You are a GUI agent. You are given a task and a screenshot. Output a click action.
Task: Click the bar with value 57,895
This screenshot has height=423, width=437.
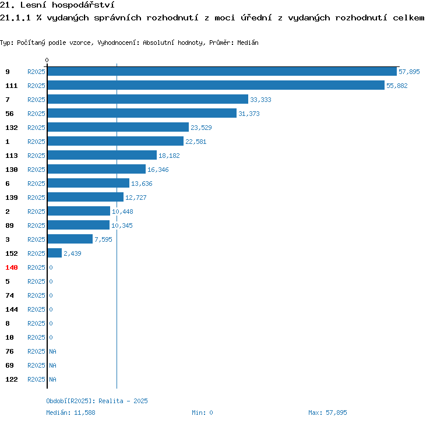[x=222, y=71]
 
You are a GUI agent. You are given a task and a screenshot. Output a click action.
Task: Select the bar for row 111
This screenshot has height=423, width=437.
[x=216, y=85]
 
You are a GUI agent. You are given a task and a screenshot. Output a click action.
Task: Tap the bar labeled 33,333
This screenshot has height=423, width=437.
[x=148, y=99]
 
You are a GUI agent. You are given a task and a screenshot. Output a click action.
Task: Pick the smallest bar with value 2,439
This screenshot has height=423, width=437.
[x=55, y=253]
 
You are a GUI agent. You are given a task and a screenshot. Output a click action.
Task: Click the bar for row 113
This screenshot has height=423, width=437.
[x=102, y=155]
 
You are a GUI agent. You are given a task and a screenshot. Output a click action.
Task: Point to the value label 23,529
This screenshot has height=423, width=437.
[x=201, y=128]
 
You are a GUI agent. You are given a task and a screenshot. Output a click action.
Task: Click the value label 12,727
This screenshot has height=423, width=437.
[x=136, y=198]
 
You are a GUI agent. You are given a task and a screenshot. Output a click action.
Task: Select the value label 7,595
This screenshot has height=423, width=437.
[x=103, y=239]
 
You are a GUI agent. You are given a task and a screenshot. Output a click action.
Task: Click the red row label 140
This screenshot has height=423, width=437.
[x=12, y=267]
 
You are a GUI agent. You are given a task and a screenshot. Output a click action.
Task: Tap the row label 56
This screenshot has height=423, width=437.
[x=9, y=114]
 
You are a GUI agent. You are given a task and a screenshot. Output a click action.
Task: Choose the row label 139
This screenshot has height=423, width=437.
[x=12, y=198]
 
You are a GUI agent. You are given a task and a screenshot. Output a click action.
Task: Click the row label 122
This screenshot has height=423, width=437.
[x=12, y=379]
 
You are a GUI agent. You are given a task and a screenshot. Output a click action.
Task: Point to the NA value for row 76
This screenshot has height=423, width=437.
[x=52, y=351]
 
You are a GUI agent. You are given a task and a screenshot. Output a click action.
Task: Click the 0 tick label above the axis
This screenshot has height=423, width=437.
[x=47, y=60]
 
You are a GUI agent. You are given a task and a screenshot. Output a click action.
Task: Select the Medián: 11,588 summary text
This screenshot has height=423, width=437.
[x=71, y=413]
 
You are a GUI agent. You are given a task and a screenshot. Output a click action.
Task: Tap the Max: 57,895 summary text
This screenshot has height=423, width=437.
[x=327, y=413]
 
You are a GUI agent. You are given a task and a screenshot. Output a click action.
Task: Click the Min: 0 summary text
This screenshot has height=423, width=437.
[x=202, y=413]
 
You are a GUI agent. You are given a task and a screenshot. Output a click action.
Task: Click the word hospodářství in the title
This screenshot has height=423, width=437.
[x=83, y=5]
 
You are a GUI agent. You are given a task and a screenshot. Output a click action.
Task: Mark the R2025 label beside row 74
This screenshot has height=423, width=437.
[x=36, y=295]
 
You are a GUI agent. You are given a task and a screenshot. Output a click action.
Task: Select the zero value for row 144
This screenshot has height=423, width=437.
[x=51, y=309]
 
